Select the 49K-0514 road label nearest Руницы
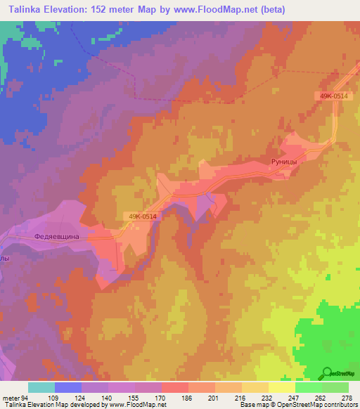pyautogui.click(x=329, y=96)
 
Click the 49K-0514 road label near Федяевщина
pyautogui.click(x=143, y=216)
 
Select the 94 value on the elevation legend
pyautogui.click(x=25, y=397)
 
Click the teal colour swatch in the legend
pyautogui.click(x=41, y=387)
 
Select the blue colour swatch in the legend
pyautogui.click(x=68, y=387)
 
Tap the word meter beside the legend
pyautogui.click(x=11, y=397)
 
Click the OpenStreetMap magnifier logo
pyautogui.click(x=326, y=373)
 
